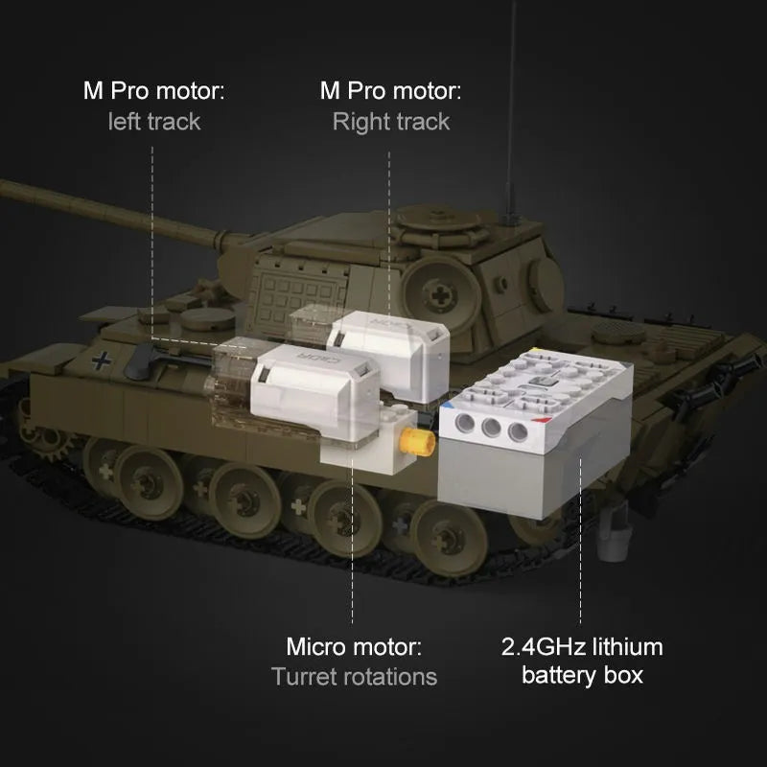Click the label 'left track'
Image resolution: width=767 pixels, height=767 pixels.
click(154, 122)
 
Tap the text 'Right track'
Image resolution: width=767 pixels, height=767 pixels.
click(391, 122)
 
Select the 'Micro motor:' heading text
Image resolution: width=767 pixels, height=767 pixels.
click(354, 646)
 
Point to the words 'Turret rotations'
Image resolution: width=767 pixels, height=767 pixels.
click(354, 677)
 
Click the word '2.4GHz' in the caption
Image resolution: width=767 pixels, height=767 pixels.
click(544, 646)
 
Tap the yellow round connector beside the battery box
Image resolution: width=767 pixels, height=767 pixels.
click(417, 441)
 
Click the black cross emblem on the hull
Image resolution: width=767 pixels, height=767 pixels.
click(102, 361)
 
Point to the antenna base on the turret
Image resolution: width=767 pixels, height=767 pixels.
click(511, 218)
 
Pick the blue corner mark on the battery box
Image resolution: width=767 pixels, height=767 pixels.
click(446, 406)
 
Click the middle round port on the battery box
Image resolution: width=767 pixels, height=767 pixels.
click(491, 428)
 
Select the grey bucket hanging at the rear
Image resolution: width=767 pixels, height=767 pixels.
click(612, 537)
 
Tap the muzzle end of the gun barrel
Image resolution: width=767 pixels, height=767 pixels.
click(4, 187)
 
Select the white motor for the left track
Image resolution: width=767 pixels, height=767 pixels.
click(314, 390)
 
